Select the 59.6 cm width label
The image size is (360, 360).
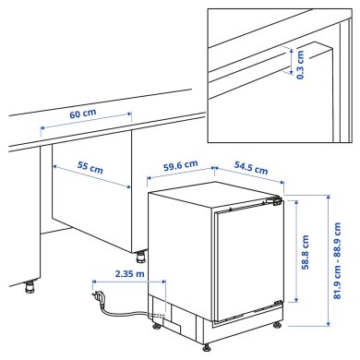click(179, 166)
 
